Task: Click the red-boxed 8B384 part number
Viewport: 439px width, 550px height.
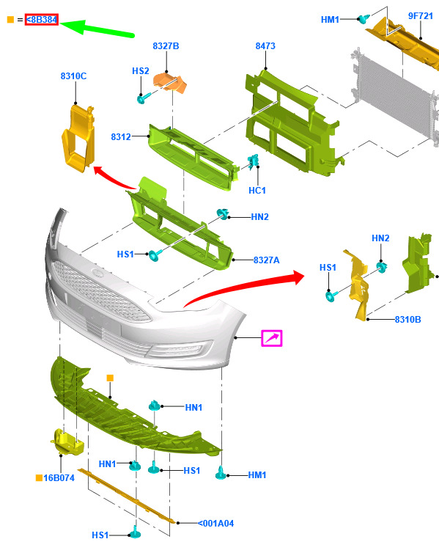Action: pyautogui.click(x=42, y=20)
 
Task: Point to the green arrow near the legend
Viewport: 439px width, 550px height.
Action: pyautogui.click(x=97, y=28)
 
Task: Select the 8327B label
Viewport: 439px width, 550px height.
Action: pyautogui.click(x=166, y=46)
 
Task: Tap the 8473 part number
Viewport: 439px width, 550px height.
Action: pyautogui.click(x=265, y=46)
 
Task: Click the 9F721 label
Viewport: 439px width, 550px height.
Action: pyautogui.click(x=421, y=16)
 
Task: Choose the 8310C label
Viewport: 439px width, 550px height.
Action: pyautogui.click(x=73, y=76)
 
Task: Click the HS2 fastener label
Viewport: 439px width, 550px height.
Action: pyautogui.click(x=141, y=71)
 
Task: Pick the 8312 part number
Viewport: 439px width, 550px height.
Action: pyautogui.click(x=121, y=137)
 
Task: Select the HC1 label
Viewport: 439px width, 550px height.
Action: pyautogui.click(x=257, y=191)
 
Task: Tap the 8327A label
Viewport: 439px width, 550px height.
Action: pyautogui.click(x=267, y=260)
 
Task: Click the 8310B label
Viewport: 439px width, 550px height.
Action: pyautogui.click(x=407, y=320)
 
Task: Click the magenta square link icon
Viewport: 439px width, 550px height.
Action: pyautogui.click(x=272, y=338)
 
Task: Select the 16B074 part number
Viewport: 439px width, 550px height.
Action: pyautogui.click(x=59, y=478)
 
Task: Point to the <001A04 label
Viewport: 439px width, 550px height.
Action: pyautogui.click(x=216, y=524)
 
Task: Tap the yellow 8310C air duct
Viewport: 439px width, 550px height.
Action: pyautogui.click(x=78, y=138)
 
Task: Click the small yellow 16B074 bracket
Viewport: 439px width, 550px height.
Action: pyautogui.click(x=67, y=442)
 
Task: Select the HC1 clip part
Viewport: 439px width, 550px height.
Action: pyautogui.click(x=253, y=162)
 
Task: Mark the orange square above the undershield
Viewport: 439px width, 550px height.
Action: pyautogui.click(x=110, y=378)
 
